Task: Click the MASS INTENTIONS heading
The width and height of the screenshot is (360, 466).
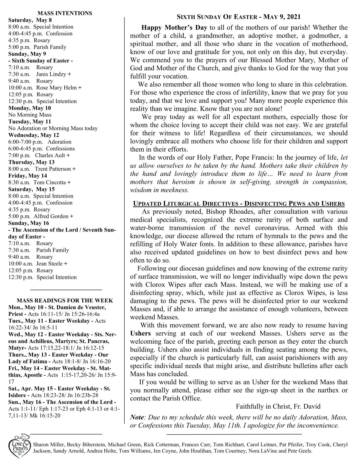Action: tap(65, 13)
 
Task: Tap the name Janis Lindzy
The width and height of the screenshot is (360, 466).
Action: tap(52, 74)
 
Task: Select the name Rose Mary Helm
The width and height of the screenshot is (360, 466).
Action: tap(57, 88)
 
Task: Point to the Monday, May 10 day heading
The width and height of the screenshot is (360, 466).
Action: tap(29, 108)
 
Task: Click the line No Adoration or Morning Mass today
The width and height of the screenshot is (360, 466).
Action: tap(53, 128)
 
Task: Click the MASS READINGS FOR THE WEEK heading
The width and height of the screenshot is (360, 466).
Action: tap(65, 301)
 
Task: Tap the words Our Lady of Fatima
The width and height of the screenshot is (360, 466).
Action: tap(28, 361)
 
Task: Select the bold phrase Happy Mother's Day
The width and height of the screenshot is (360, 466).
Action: tap(174, 28)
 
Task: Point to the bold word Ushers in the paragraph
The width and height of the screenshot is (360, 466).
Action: tap(140, 334)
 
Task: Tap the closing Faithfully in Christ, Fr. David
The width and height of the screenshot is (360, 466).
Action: tap(278, 407)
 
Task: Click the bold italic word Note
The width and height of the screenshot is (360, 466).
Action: tap(137, 417)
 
